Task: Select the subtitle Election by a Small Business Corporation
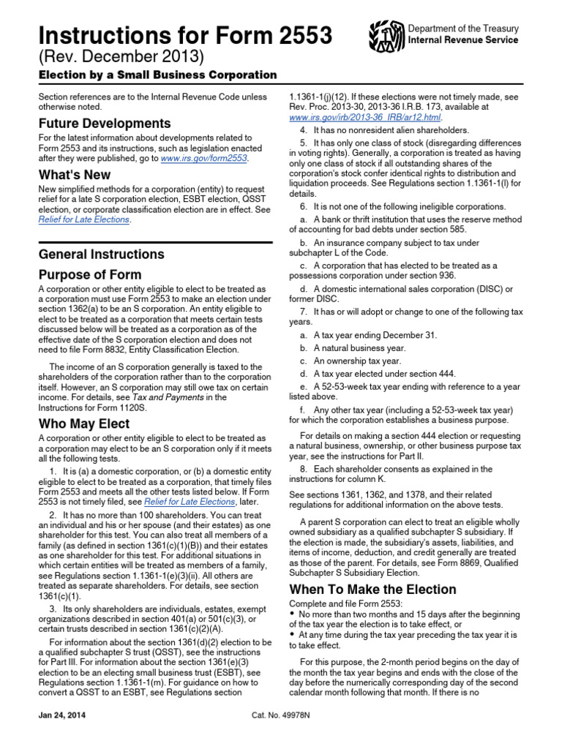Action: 157,75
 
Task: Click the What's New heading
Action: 75,175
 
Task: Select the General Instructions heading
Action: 101,255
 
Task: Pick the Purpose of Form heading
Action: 90,275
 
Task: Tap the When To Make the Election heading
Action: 372,590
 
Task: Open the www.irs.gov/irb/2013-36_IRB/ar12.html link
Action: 365,117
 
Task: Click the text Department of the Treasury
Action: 463,29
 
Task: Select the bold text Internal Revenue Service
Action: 463,40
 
